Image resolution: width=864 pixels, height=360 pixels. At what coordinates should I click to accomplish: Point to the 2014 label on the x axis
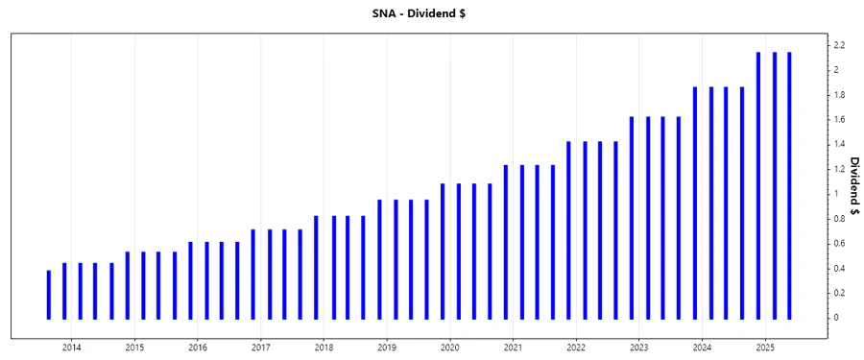pos(71,347)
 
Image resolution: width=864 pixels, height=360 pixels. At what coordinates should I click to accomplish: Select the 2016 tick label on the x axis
pos(197,347)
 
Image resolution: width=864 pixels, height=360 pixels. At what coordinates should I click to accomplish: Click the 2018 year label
pos(324,347)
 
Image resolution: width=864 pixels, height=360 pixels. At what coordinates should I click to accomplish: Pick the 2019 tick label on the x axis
pos(386,347)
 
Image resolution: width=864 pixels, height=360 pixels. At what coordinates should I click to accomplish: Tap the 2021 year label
pos(513,347)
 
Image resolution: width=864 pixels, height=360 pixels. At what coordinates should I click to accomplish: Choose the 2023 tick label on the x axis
pos(638,347)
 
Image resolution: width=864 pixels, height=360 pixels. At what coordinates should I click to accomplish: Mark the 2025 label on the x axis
pos(765,347)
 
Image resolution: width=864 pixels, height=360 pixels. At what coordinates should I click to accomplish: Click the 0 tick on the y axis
pos(835,318)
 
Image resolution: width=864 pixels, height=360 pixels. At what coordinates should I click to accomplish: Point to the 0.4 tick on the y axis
pos(838,268)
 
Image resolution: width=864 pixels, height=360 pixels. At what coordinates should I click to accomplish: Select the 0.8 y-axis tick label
pos(838,219)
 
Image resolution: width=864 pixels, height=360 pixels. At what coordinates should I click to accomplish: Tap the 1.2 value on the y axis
pos(838,169)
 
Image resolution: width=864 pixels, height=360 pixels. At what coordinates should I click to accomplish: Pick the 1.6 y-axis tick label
pos(838,120)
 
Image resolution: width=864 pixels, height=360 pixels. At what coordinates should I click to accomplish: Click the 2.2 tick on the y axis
pos(838,45)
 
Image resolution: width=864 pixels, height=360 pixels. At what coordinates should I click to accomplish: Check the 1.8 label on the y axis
pos(838,95)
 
